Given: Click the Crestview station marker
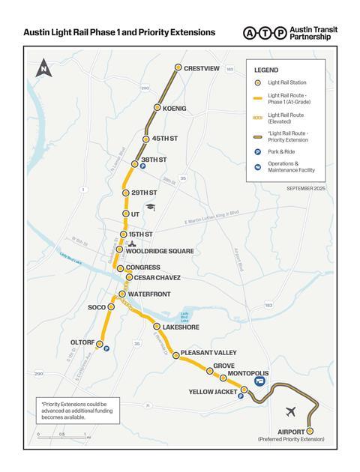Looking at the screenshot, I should point(178,67).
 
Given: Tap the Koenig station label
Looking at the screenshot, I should point(174,108).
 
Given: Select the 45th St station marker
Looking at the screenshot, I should point(147,139).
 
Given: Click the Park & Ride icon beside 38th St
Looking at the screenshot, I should point(142,166).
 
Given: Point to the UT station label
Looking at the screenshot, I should point(135,214).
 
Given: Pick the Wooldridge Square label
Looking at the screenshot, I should point(160,251).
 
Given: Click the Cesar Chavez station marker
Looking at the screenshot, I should point(129,277).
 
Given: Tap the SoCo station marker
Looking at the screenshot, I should point(112,307).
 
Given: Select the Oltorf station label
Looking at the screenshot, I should point(82,342).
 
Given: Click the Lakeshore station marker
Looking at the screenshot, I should point(156,327).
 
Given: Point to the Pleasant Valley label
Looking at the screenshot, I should point(208,352).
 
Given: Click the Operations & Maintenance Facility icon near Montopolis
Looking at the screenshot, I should point(260,381).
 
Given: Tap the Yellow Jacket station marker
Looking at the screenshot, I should point(244,390).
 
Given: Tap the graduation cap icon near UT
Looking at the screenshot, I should point(151,207).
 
